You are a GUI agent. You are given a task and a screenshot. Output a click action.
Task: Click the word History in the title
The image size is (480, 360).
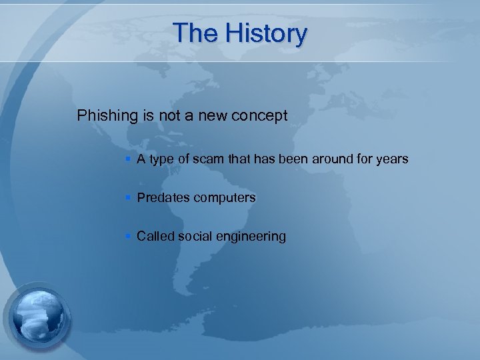pyautogui.click(x=266, y=33)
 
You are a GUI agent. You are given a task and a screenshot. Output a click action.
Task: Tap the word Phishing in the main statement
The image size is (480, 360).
pyautogui.click(x=107, y=116)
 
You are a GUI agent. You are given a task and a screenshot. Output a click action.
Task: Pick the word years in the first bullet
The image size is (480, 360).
pyautogui.click(x=392, y=159)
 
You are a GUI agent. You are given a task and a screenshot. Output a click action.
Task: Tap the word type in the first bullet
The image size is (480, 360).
pyautogui.click(x=161, y=160)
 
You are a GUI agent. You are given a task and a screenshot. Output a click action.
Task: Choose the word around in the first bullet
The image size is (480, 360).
pyautogui.click(x=335, y=159)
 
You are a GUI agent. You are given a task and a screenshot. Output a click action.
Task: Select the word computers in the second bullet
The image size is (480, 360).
pyautogui.click(x=223, y=198)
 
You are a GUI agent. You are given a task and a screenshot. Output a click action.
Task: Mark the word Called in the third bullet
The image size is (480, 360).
pyautogui.click(x=154, y=236)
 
